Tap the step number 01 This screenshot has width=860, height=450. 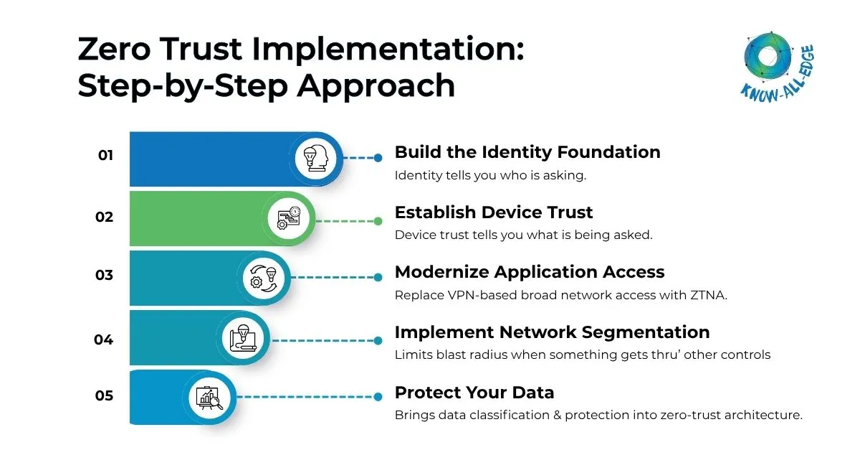(x=105, y=155)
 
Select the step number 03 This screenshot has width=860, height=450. (x=105, y=275)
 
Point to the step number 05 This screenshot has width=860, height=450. (x=105, y=395)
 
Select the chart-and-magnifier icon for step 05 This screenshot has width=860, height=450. (x=209, y=398)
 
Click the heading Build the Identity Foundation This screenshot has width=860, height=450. (x=527, y=152)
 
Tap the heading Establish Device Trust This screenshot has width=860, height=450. (x=494, y=212)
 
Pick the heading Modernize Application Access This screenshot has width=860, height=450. (x=530, y=272)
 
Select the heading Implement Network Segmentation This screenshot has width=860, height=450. (x=552, y=332)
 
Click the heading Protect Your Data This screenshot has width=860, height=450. (x=474, y=393)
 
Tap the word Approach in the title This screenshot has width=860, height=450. (x=376, y=86)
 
